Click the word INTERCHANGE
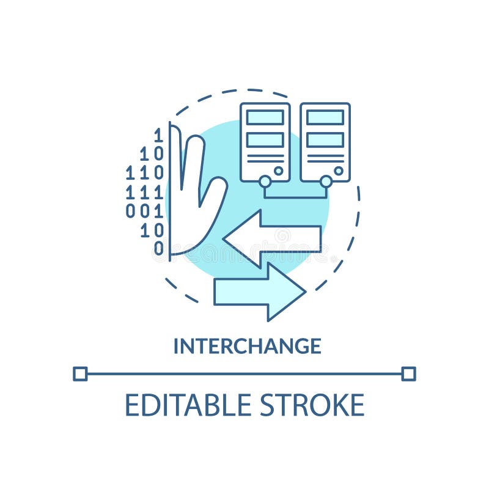pos(247,346)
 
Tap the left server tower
pos(265,142)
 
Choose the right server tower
pos(325,142)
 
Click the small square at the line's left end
pos(80,373)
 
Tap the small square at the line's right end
pos(409,373)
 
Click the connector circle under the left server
pos(265,182)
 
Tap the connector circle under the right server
pos(326,182)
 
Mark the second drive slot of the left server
pos(265,139)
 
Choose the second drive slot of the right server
pos(325,139)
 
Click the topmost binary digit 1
pos(158,135)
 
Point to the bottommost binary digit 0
pos(158,248)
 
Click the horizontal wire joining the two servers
pos(295,197)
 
